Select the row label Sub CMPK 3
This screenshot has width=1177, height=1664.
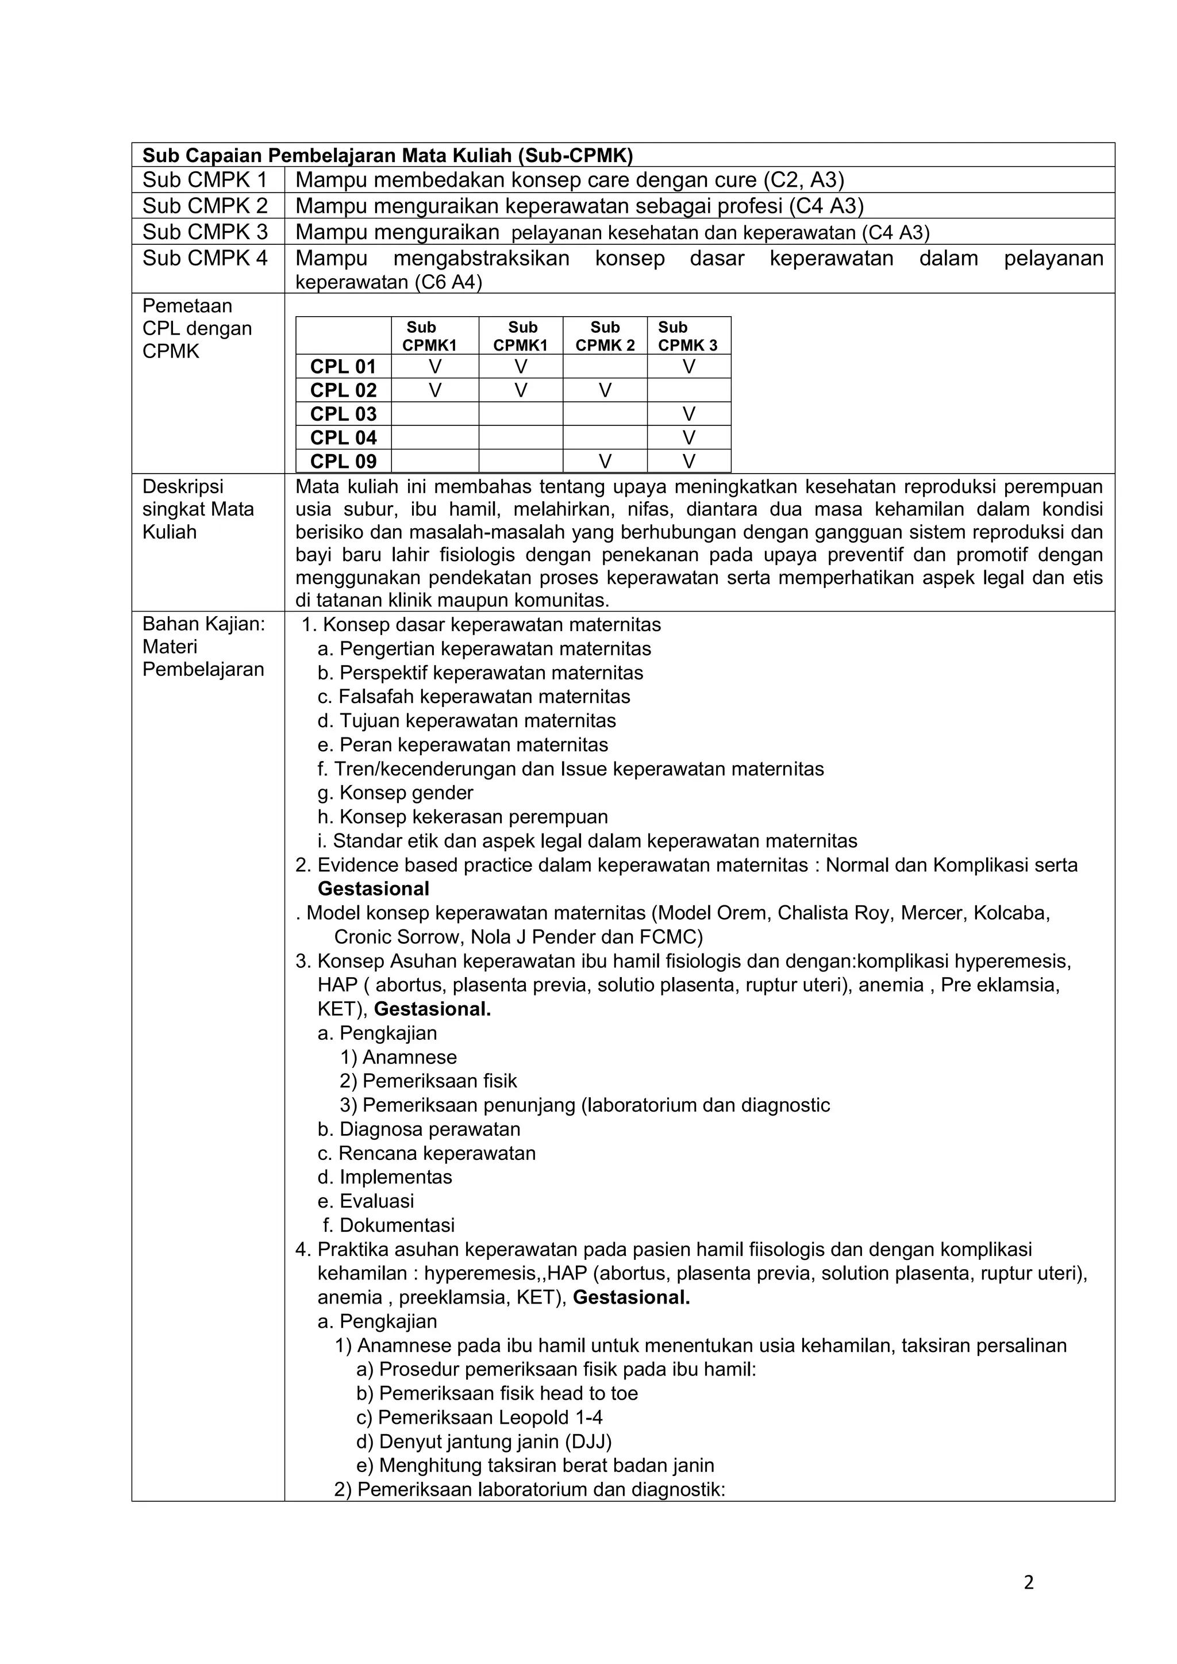tap(205, 232)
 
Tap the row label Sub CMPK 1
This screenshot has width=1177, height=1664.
tap(205, 180)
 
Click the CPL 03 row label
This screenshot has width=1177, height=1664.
tap(344, 414)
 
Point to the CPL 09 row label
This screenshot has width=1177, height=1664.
tap(344, 461)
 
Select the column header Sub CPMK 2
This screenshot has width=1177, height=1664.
tap(605, 336)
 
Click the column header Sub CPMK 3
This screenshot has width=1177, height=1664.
tap(688, 336)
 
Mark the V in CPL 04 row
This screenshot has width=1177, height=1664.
tap(688, 438)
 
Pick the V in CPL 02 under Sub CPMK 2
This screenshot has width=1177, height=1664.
tap(605, 391)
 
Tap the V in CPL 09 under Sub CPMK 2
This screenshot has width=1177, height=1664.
tap(605, 462)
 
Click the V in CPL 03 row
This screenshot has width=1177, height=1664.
tap(688, 414)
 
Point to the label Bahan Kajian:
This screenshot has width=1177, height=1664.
tap(203, 624)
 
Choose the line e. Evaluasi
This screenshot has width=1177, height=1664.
tap(366, 1201)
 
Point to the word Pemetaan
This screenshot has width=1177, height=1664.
tap(187, 306)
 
